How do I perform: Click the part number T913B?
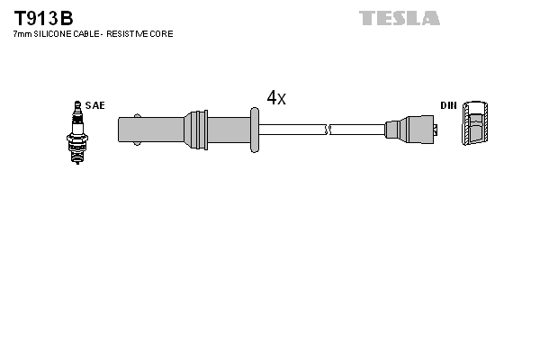[x=43, y=19]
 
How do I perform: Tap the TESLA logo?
[x=399, y=18]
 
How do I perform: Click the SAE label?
[x=95, y=105]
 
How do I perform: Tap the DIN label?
[x=448, y=105]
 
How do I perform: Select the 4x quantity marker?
[x=276, y=97]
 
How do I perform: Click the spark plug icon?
[x=77, y=132]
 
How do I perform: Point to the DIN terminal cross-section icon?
[x=475, y=123]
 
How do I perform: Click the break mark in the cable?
[x=328, y=130]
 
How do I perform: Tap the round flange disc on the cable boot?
[x=255, y=130]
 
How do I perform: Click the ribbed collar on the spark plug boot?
[x=196, y=130]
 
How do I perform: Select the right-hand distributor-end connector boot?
[x=409, y=130]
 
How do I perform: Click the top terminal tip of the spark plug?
[x=77, y=103]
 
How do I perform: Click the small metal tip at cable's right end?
[x=436, y=130]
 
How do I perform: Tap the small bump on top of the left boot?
[x=137, y=116]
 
